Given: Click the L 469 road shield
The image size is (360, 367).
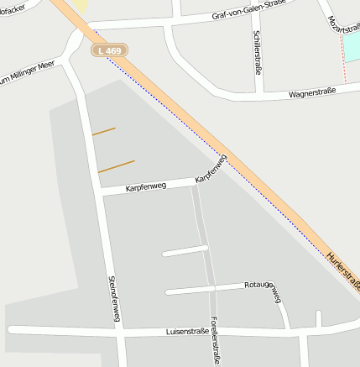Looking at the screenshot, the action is [110, 50].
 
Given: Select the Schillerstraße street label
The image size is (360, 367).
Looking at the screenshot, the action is [257, 50].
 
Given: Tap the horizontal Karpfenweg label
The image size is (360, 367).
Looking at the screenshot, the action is [146, 188].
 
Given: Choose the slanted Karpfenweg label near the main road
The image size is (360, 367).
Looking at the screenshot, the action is [211, 169].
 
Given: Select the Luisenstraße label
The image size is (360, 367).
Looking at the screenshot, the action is [187, 332].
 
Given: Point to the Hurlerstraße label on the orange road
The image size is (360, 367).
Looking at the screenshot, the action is [343, 270].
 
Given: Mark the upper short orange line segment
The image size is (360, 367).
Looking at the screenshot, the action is [103, 131].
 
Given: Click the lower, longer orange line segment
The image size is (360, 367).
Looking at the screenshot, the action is [117, 166].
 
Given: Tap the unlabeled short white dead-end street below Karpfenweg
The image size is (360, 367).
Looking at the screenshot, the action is [185, 250].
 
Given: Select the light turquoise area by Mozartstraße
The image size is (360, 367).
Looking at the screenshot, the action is [352, 47].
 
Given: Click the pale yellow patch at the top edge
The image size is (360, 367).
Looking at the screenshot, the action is [80, 5].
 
